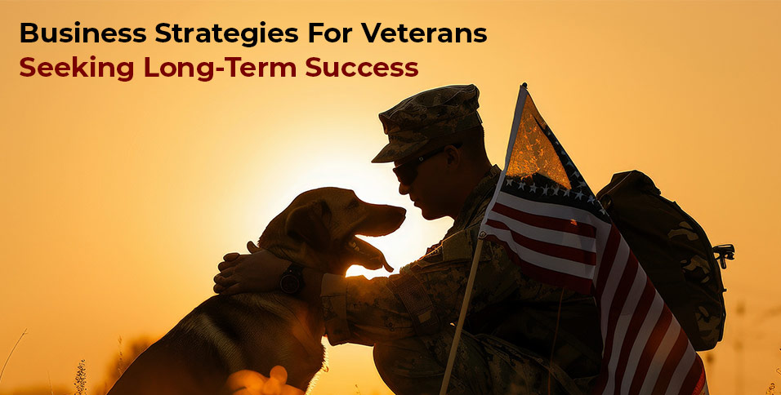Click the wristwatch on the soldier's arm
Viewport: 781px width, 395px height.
(x=292, y=280)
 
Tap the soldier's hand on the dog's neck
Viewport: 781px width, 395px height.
(x=237, y=273)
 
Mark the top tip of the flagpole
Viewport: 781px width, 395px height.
(x=523, y=85)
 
